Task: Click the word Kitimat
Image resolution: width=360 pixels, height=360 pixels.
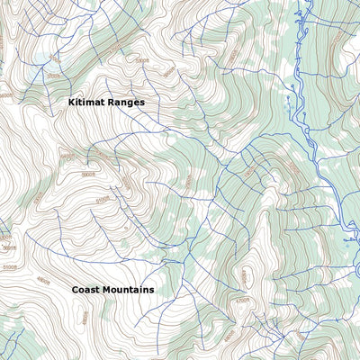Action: (x=87, y=103)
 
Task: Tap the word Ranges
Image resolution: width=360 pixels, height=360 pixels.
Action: (x=127, y=103)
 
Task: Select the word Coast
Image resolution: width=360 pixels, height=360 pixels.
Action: (x=86, y=290)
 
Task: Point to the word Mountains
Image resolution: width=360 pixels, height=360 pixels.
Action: (x=128, y=290)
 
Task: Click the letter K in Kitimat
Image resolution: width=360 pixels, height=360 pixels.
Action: (x=72, y=103)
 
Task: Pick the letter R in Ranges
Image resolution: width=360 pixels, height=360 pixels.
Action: (x=112, y=103)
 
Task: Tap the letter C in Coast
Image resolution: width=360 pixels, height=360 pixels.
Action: (x=76, y=290)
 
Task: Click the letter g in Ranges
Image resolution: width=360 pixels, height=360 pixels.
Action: (x=130, y=104)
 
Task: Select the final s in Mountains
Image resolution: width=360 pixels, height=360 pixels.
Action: (x=151, y=290)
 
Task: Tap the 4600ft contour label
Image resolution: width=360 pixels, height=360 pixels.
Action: (x=189, y=180)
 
